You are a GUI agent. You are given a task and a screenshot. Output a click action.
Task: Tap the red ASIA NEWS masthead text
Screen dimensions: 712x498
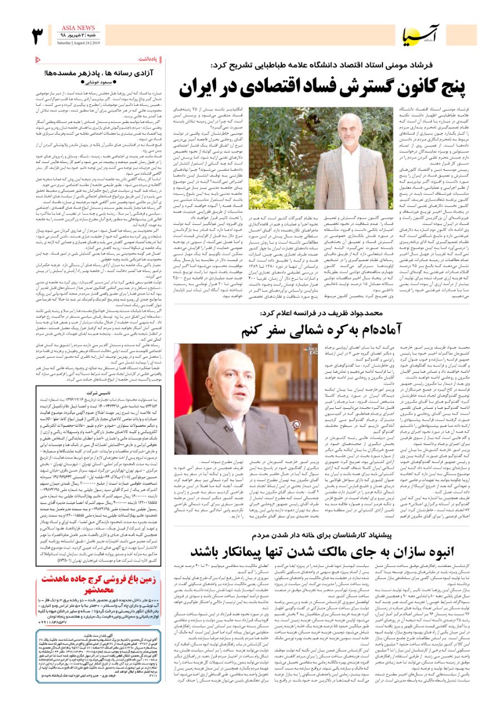coord(78,27)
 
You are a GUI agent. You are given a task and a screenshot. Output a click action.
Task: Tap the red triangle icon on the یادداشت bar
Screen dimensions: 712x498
coord(38,58)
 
